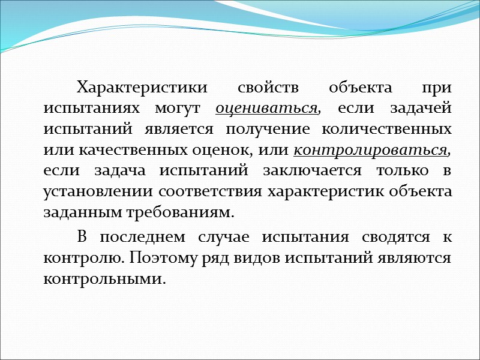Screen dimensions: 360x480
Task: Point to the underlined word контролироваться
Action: click(x=372, y=149)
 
